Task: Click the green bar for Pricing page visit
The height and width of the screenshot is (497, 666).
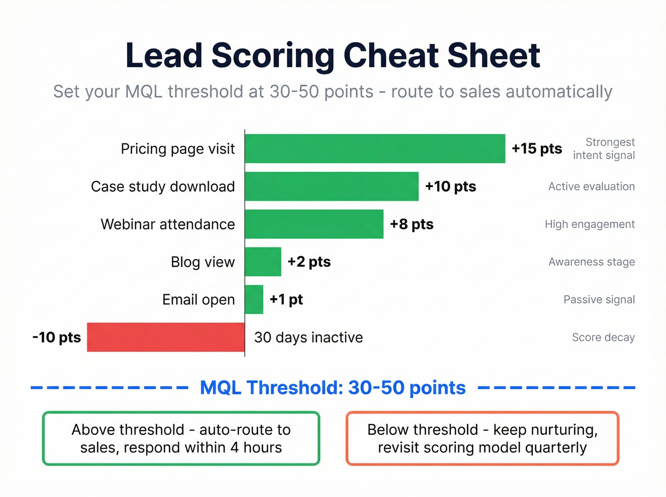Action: coord(375,148)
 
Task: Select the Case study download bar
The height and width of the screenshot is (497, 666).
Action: coord(332,186)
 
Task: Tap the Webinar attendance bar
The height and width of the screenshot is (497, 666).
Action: coord(314,224)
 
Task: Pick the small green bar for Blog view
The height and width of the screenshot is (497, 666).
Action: coord(263,262)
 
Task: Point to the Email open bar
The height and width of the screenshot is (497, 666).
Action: coord(254,300)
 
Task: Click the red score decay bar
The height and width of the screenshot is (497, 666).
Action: coord(166,337)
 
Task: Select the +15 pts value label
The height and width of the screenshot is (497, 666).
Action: coord(537,148)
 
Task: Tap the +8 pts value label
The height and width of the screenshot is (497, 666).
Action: coord(411,224)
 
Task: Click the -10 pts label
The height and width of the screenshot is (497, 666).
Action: coord(57,337)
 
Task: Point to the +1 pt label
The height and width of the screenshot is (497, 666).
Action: coord(286,300)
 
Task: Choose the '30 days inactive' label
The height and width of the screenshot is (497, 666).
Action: coord(308,337)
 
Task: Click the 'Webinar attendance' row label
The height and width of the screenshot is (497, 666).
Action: coord(167,224)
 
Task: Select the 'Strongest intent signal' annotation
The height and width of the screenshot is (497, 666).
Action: coord(604,148)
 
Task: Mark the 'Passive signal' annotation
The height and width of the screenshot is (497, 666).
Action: coord(599,300)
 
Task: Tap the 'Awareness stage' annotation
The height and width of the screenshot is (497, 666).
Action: coord(591,262)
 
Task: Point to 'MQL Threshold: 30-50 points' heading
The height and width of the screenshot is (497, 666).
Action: coord(333,388)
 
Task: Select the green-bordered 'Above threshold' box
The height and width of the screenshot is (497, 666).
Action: coord(181,438)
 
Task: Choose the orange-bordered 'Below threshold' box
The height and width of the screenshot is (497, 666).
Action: coord(482,438)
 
